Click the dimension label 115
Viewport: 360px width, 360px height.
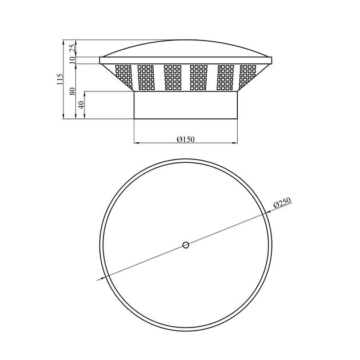click(x=59, y=79)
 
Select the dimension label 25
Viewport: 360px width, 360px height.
click(x=73, y=49)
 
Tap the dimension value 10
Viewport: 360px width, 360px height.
click(x=73, y=59)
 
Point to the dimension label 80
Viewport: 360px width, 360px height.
click(x=73, y=91)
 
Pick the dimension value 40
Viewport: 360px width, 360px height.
click(x=81, y=105)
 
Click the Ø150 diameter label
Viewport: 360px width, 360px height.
click(x=186, y=139)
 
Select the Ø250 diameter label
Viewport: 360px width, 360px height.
click(x=282, y=202)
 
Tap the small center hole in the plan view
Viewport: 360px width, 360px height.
click(x=186, y=245)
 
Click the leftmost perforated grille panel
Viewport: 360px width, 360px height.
click(x=124, y=77)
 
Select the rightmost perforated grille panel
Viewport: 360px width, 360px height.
click(x=247, y=77)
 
